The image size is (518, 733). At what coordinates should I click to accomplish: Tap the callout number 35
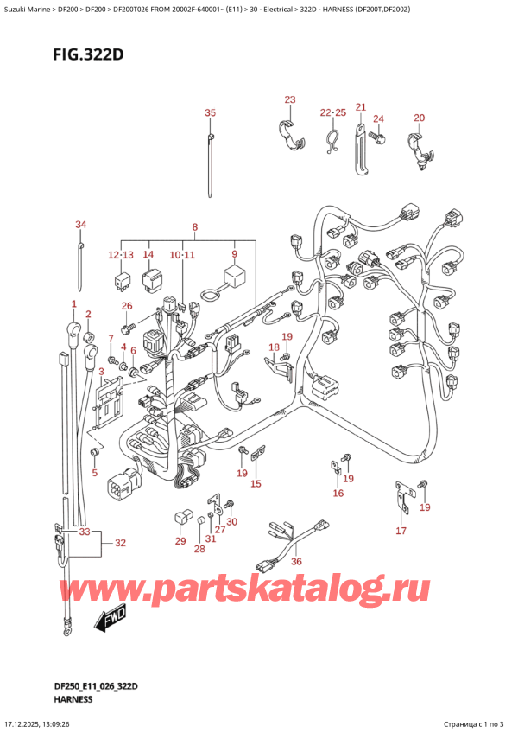(x=210, y=113)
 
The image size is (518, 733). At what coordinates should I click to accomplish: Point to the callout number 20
(x=420, y=118)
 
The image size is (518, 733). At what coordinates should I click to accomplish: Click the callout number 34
(x=80, y=226)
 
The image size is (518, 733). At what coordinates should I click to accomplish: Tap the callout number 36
(x=297, y=563)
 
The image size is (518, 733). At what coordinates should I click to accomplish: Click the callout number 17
(x=401, y=531)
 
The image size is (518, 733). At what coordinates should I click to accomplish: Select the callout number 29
(x=180, y=541)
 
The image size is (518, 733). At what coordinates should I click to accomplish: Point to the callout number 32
(x=120, y=543)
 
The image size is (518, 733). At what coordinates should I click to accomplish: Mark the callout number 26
(x=127, y=306)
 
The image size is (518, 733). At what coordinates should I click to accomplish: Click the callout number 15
(x=256, y=484)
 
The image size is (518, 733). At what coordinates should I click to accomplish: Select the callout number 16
(x=338, y=494)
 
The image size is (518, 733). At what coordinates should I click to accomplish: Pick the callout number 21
(x=360, y=106)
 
